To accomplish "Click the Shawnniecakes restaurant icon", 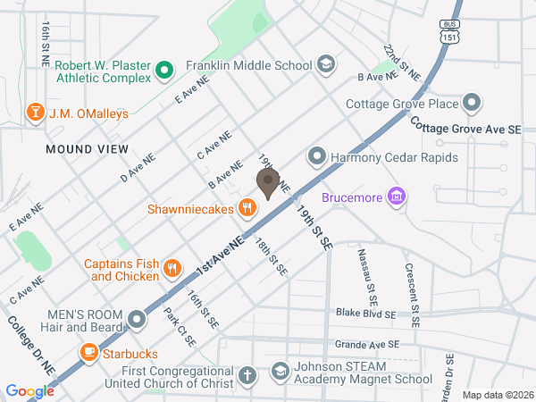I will (247, 209).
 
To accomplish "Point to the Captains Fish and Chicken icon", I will (173, 269).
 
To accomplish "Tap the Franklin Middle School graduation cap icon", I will (326, 64).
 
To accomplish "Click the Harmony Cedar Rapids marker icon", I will (315, 157).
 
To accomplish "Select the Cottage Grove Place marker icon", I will (473, 104).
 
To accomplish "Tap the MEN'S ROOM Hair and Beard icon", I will (137, 319).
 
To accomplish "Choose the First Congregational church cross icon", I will (247, 377).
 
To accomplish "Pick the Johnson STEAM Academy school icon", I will (281, 370).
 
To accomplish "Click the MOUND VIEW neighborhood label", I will (81, 149).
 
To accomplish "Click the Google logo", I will (29, 391).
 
